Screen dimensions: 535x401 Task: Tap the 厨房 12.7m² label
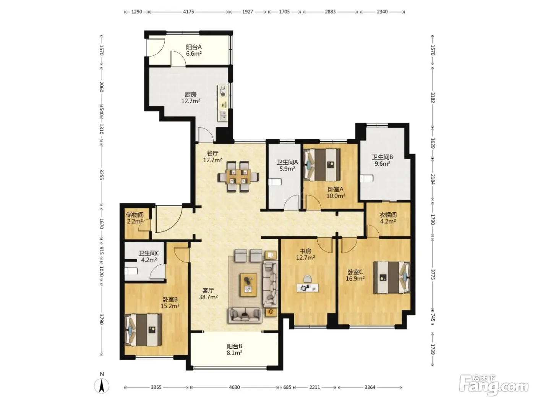(191, 97)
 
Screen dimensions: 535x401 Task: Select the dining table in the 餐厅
(238, 176)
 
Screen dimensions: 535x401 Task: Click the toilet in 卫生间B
(367, 178)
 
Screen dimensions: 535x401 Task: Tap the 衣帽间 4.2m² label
(388, 218)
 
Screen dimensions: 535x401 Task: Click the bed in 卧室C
(392, 277)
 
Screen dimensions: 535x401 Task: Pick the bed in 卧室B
(143, 330)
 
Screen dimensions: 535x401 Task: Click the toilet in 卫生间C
(131, 271)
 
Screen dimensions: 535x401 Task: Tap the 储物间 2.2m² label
(135, 218)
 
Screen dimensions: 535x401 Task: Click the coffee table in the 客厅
(249, 285)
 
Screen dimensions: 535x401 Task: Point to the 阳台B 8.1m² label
(234, 349)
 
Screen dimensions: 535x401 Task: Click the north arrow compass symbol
(102, 386)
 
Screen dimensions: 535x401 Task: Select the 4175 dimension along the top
(188, 12)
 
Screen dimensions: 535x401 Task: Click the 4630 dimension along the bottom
(234, 387)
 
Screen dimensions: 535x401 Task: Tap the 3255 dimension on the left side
(102, 174)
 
